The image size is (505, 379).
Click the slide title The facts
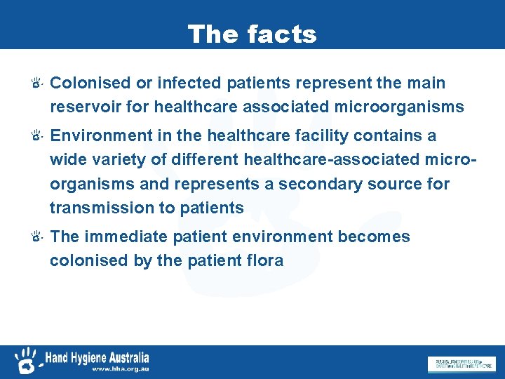[x=252, y=34]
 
